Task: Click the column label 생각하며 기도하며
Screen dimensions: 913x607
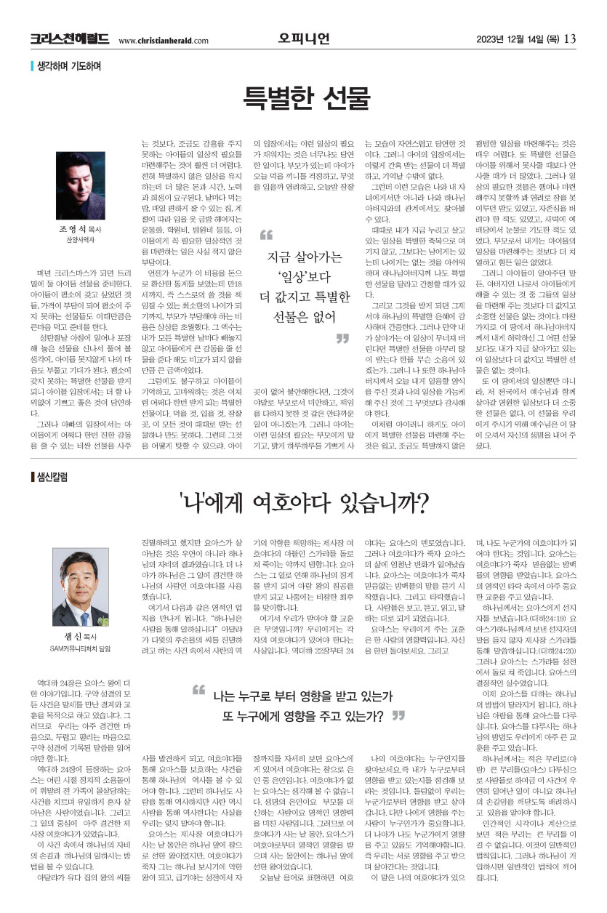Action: (x=68, y=66)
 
